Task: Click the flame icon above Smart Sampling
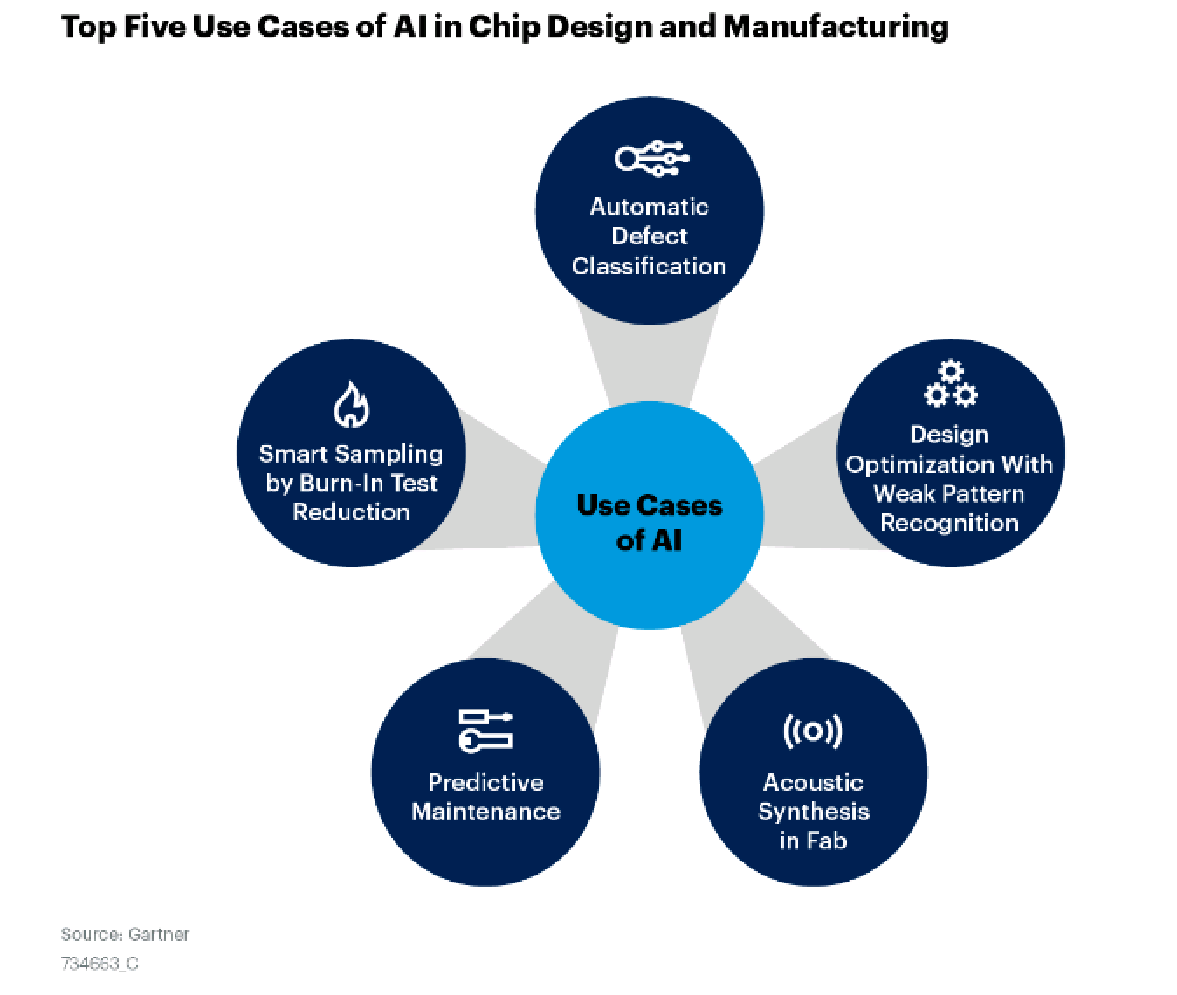pyautogui.click(x=351, y=404)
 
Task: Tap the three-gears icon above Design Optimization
pyautogui.click(x=950, y=384)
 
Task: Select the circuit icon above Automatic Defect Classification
pyautogui.click(x=651, y=158)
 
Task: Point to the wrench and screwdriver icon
pyautogui.click(x=485, y=731)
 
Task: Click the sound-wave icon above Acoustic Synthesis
pyautogui.click(x=813, y=731)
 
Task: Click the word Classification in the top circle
pyautogui.click(x=649, y=266)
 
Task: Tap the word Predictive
pyautogui.click(x=485, y=783)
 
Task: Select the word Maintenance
pyautogui.click(x=485, y=812)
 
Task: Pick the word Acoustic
pyautogui.click(x=813, y=783)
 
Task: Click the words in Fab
pyautogui.click(x=813, y=841)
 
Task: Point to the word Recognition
pyautogui.click(x=950, y=523)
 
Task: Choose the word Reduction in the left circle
pyautogui.click(x=351, y=512)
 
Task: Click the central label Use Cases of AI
pyautogui.click(x=649, y=523)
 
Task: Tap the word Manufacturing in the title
pyautogui.click(x=836, y=27)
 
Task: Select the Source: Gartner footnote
pyautogui.click(x=125, y=935)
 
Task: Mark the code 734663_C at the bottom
pyautogui.click(x=100, y=964)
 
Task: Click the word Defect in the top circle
pyautogui.click(x=649, y=237)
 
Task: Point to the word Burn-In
pyautogui.click(x=340, y=484)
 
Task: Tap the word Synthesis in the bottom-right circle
pyautogui.click(x=814, y=813)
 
